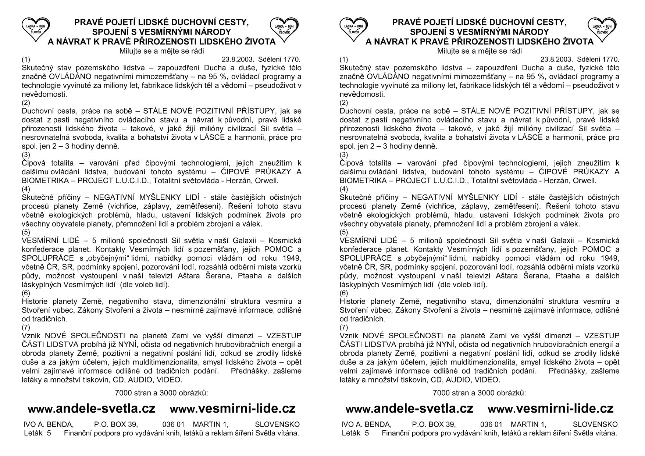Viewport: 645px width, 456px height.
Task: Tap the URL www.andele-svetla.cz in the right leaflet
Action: (409, 409)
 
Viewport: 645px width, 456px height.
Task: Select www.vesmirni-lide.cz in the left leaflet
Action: (233, 409)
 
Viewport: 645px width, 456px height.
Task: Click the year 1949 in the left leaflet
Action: (291, 258)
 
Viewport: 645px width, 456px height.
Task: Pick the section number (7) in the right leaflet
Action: (344, 327)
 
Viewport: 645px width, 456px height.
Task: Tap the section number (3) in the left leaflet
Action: (26, 154)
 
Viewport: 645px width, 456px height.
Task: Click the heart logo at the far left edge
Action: (36, 29)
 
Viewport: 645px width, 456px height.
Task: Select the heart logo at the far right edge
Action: (602, 29)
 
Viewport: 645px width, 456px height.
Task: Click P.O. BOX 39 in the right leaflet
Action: (434, 424)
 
